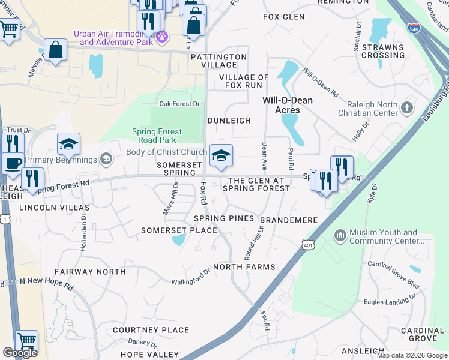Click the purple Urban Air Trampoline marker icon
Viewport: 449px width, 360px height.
click(161, 38)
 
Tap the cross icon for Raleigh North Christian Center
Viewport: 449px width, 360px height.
click(407, 108)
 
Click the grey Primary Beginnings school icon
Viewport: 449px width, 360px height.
click(106, 159)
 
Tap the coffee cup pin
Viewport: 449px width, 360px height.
click(12, 163)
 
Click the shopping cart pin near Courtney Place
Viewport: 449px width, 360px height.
click(26, 340)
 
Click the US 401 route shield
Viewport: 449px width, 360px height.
click(308, 245)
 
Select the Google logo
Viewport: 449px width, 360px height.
click(20, 353)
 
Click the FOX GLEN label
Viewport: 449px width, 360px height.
click(284, 17)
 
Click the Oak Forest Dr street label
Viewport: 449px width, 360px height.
click(179, 104)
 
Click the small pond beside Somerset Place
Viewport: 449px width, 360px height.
click(178, 240)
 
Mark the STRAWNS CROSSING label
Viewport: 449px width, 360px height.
click(383, 50)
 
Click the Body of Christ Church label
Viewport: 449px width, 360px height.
click(166, 152)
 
